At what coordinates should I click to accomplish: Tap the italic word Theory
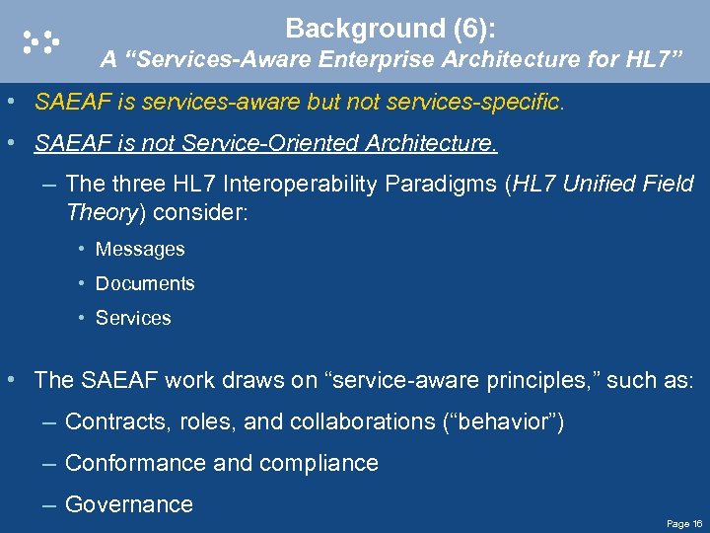click(x=98, y=211)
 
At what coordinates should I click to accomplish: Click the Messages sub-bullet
click(x=139, y=250)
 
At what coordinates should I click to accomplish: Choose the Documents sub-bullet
click(x=145, y=284)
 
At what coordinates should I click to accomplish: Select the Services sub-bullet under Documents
click(x=133, y=319)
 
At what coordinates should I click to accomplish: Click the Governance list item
click(x=128, y=504)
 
